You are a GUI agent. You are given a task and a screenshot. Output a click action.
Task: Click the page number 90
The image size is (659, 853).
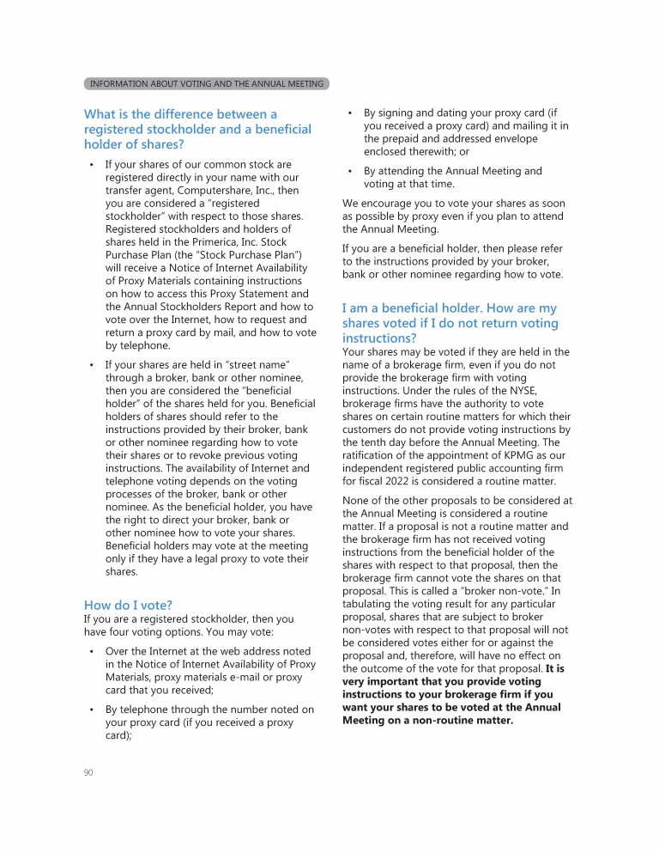[88, 773]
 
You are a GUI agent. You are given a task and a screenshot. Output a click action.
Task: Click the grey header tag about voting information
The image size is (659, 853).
[207, 84]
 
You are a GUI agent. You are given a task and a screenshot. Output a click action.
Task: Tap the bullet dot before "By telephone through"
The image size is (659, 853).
[91, 710]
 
